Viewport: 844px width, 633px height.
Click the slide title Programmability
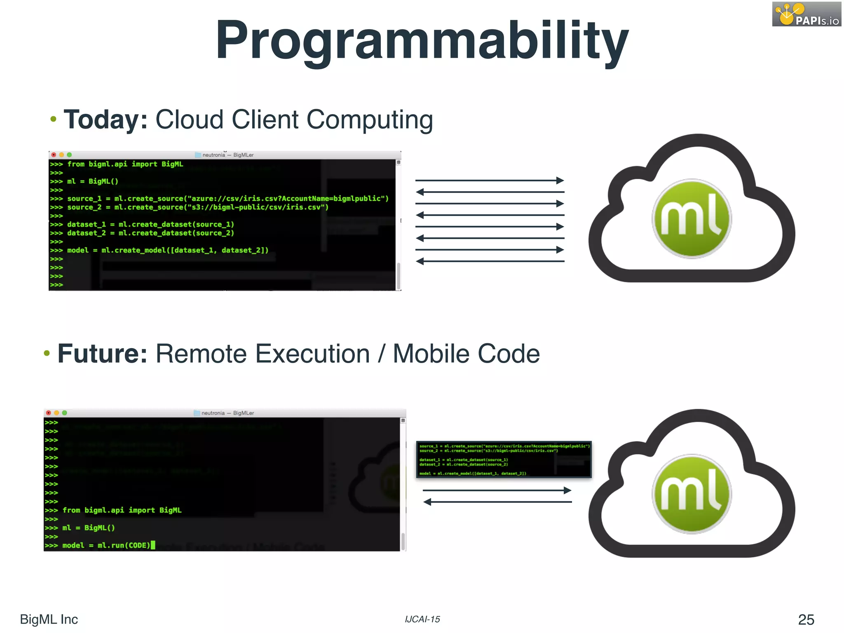point(422,40)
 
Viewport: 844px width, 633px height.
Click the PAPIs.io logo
point(806,14)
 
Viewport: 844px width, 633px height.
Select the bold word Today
point(105,120)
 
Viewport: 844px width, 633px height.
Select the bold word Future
point(102,354)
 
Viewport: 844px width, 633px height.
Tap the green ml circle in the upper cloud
point(692,218)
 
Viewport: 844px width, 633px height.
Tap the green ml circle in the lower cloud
point(692,494)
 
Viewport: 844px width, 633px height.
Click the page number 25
point(806,619)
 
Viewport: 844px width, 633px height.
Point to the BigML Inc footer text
point(49,619)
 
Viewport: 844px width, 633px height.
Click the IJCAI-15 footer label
point(422,619)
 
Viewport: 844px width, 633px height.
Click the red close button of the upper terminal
point(54,155)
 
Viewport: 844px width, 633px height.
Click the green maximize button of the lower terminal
point(65,413)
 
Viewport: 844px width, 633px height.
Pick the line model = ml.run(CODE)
point(106,546)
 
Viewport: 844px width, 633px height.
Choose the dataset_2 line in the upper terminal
point(150,233)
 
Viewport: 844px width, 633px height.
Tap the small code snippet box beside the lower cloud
point(504,460)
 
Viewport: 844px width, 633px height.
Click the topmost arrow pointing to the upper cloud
point(490,181)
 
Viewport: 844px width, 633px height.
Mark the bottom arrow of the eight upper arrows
point(490,261)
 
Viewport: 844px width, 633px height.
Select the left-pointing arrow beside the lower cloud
point(497,502)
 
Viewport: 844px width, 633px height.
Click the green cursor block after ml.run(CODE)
point(153,545)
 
